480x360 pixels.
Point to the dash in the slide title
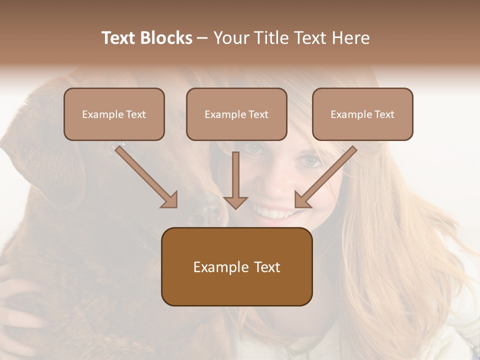203,38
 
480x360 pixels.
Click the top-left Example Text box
114,114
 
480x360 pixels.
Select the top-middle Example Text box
236,114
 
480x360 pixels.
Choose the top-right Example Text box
362,114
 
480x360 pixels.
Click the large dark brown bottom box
236,267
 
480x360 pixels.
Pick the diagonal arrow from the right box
326,176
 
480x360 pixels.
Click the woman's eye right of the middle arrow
311,161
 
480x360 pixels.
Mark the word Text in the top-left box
135,114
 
